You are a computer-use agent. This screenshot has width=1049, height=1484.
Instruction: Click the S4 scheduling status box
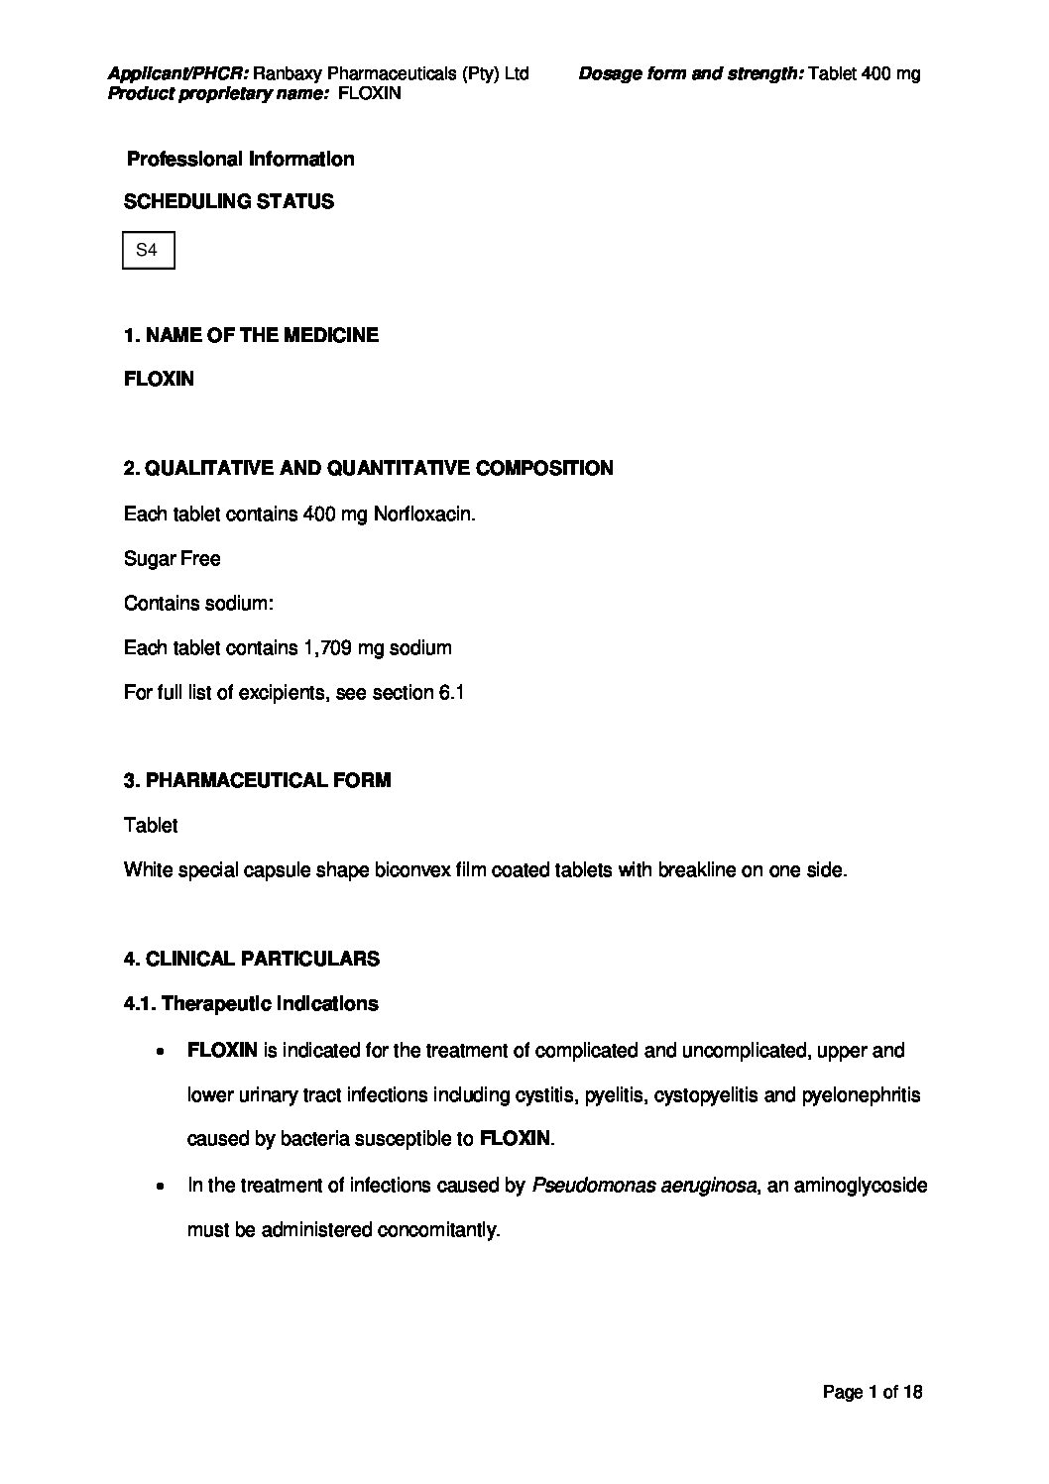point(148,251)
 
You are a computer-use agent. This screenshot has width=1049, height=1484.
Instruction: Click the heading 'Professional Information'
point(240,159)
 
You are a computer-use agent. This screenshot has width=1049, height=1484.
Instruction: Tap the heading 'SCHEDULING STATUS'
point(228,201)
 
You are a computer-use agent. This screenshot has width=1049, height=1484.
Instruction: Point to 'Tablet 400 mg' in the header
point(865,73)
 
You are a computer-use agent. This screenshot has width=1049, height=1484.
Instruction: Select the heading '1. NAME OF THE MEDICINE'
point(251,335)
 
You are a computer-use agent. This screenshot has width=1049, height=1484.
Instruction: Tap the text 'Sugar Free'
point(172,559)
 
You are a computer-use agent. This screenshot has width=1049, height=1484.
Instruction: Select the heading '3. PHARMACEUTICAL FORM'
point(257,780)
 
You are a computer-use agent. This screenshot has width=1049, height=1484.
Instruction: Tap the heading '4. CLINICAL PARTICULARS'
point(251,959)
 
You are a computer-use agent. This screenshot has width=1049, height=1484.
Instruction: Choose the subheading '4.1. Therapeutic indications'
point(251,1003)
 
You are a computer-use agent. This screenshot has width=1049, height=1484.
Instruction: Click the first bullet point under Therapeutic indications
point(160,1051)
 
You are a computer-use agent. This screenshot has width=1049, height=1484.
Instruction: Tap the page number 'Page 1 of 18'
point(873,1392)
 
